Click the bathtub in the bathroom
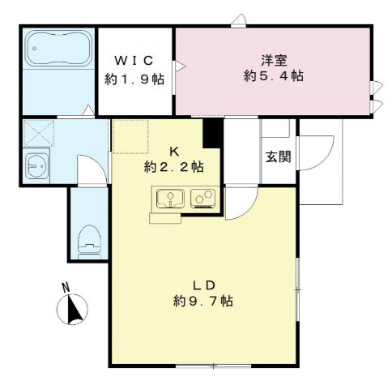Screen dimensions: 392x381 (x=58, y=48)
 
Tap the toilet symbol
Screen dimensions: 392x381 (x=89, y=242)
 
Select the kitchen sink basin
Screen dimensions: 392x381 (x=171, y=199)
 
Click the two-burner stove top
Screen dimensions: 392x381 (x=203, y=199)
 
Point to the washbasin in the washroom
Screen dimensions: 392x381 (x=36, y=166)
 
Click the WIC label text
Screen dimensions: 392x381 (x=134, y=61)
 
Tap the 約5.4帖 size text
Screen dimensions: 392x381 (x=274, y=76)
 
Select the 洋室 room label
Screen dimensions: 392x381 (x=274, y=60)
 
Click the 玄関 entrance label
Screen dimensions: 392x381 (x=279, y=156)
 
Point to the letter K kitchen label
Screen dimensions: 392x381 (x=174, y=152)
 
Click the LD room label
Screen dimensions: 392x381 (x=203, y=285)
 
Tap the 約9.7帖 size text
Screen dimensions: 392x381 (x=203, y=301)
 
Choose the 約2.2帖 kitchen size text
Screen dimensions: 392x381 (x=174, y=167)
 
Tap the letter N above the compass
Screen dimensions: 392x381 (x=66, y=288)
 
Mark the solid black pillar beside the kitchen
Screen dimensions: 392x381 (x=213, y=133)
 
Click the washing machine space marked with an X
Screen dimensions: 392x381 (x=39, y=134)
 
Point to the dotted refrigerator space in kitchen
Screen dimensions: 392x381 (x=130, y=136)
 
